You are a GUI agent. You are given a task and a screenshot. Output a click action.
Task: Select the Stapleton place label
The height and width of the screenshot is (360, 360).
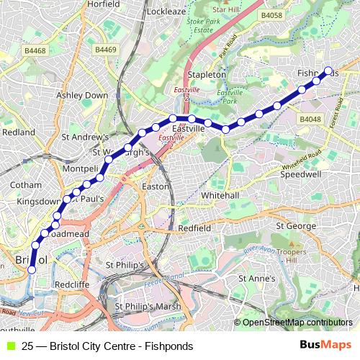click(x=207, y=74)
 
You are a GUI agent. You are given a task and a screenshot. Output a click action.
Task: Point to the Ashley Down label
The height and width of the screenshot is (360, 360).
click(x=82, y=95)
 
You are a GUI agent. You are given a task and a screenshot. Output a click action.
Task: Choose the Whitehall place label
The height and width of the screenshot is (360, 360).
click(x=220, y=195)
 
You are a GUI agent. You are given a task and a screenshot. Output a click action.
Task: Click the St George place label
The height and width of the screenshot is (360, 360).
click(x=296, y=226)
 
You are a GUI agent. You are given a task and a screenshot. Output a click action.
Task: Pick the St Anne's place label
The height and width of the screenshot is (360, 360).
click(x=257, y=278)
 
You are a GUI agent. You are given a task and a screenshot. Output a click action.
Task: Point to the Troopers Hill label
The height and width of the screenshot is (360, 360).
click(x=317, y=263)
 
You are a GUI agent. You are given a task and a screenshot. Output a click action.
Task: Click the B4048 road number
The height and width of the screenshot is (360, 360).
click(x=310, y=119)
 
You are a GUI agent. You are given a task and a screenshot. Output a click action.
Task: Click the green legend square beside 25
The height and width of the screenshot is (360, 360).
click(x=9, y=346)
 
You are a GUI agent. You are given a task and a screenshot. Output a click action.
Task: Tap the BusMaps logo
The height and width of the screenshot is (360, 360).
click(x=325, y=345)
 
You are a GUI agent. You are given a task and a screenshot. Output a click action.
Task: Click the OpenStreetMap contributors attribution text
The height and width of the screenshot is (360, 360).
click(x=297, y=323)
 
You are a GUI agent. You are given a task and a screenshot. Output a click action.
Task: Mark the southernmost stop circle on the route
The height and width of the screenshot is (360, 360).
click(x=31, y=270)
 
